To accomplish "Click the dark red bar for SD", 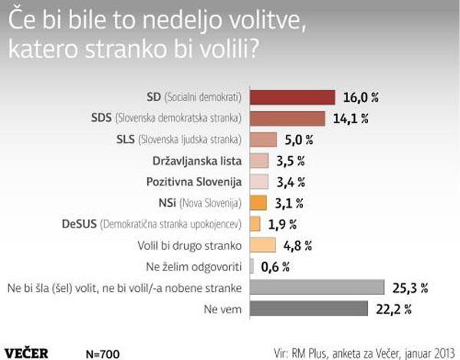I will [293, 97].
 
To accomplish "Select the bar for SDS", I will [287, 118].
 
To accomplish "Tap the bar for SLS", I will [263, 139].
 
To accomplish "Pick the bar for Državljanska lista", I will [259, 161].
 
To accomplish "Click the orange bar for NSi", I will [258, 203].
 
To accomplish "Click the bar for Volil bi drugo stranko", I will [263, 245].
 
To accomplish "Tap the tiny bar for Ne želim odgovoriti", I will [252, 266].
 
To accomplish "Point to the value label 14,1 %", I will [353, 119].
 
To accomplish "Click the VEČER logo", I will [27, 353].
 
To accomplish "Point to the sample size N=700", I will [103, 354].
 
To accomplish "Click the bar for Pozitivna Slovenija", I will [259, 182].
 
